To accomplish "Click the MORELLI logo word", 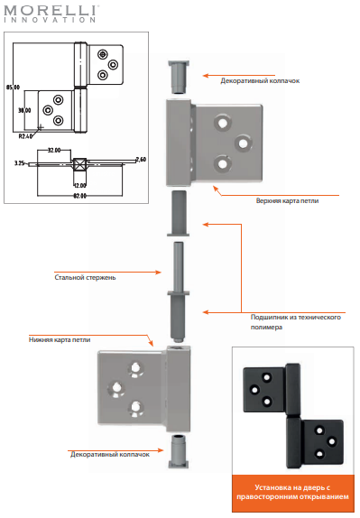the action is click(x=51, y=10).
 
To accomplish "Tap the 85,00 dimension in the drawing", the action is click(x=14, y=88).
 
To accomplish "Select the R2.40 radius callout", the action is click(x=25, y=135).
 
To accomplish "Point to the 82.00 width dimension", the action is click(x=79, y=196).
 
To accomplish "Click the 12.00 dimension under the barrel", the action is click(x=79, y=185).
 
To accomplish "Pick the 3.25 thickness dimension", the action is click(x=19, y=162).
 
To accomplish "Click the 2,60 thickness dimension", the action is click(x=141, y=160).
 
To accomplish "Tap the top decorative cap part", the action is click(x=179, y=78).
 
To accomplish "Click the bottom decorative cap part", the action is click(x=179, y=451).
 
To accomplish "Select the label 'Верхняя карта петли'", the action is click(x=287, y=200).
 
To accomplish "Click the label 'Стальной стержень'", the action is click(x=85, y=278).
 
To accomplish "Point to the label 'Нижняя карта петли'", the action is click(x=60, y=339).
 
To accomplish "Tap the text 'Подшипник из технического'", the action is click(x=296, y=317).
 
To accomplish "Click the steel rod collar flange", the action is click(x=179, y=293).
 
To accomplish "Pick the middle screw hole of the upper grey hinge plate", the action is click(x=243, y=143).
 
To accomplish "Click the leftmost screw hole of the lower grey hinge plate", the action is click(x=116, y=388).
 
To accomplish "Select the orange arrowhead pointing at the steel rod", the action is click(x=159, y=273).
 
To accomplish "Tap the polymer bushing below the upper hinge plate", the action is click(x=178, y=213).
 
